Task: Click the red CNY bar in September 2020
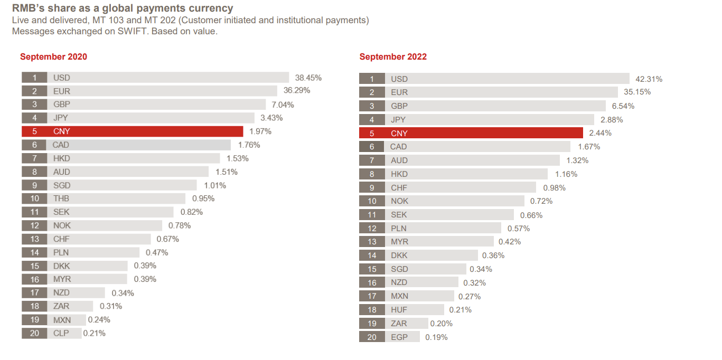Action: [x=132, y=131]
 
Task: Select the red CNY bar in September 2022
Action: [x=471, y=133]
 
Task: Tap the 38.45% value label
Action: [x=308, y=78]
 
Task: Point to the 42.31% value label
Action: [x=649, y=79]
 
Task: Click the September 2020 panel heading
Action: [x=53, y=57]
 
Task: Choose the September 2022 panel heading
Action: [x=393, y=57]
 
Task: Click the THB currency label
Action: [x=61, y=198]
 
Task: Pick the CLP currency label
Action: [x=61, y=333]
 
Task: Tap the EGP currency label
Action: [x=399, y=337]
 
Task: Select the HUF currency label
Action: [x=399, y=310]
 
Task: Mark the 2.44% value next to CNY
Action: [x=600, y=133]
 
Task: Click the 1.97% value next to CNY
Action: [x=260, y=131]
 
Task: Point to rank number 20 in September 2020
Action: [x=34, y=333]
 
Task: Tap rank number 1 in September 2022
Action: [x=372, y=79]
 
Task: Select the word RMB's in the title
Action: [x=30, y=8]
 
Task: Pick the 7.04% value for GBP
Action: [x=283, y=105]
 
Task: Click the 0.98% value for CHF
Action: [x=554, y=188]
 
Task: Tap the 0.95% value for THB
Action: [x=203, y=198]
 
